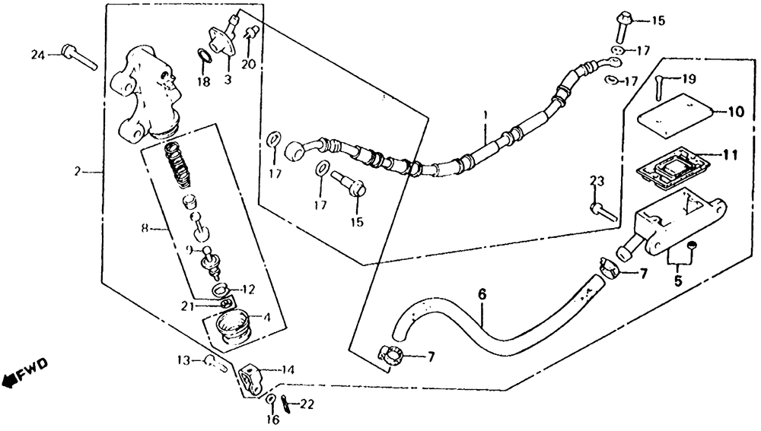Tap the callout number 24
coord(37,53)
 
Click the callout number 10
coord(735,113)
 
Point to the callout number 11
coord(729,155)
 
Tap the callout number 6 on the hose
coord(481,293)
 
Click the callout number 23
coord(597,180)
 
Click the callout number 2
coord(77,173)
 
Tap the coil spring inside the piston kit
coord(178,163)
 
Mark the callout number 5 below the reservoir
coord(677,280)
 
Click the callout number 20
coord(248,64)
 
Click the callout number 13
coord(183,360)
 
